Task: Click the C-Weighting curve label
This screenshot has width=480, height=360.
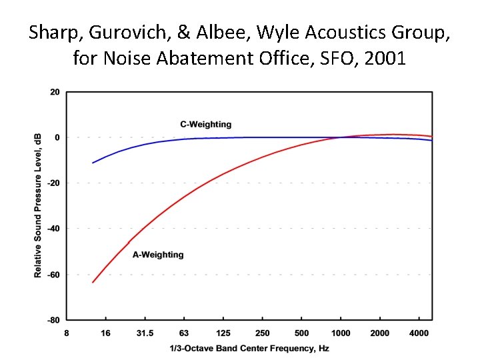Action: coord(206,124)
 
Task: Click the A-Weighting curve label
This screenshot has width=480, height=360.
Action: coord(158,254)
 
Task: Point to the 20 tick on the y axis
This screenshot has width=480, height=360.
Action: coord(55,92)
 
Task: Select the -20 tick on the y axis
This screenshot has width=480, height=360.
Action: coord(53,183)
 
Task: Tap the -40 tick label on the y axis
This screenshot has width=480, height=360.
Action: coord(53,229)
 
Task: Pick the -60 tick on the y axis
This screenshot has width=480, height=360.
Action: coord(53,274)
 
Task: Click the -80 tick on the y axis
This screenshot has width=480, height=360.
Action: coord(53,320)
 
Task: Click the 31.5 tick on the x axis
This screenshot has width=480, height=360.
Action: coord(145,333)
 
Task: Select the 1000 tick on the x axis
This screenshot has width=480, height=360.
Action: coord(341,333)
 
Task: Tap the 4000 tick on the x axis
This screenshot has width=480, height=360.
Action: coord(419,333)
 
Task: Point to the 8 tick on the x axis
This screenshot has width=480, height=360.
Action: coord(66,333)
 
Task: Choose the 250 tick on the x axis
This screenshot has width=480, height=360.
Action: coord(263,333)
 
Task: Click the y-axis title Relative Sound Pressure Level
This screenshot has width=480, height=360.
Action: coord(38,205)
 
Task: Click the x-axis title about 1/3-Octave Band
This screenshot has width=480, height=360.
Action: coord(249,348)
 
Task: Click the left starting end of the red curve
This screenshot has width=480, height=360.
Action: coord(93,282)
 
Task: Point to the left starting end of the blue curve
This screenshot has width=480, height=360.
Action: coord(93,163)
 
